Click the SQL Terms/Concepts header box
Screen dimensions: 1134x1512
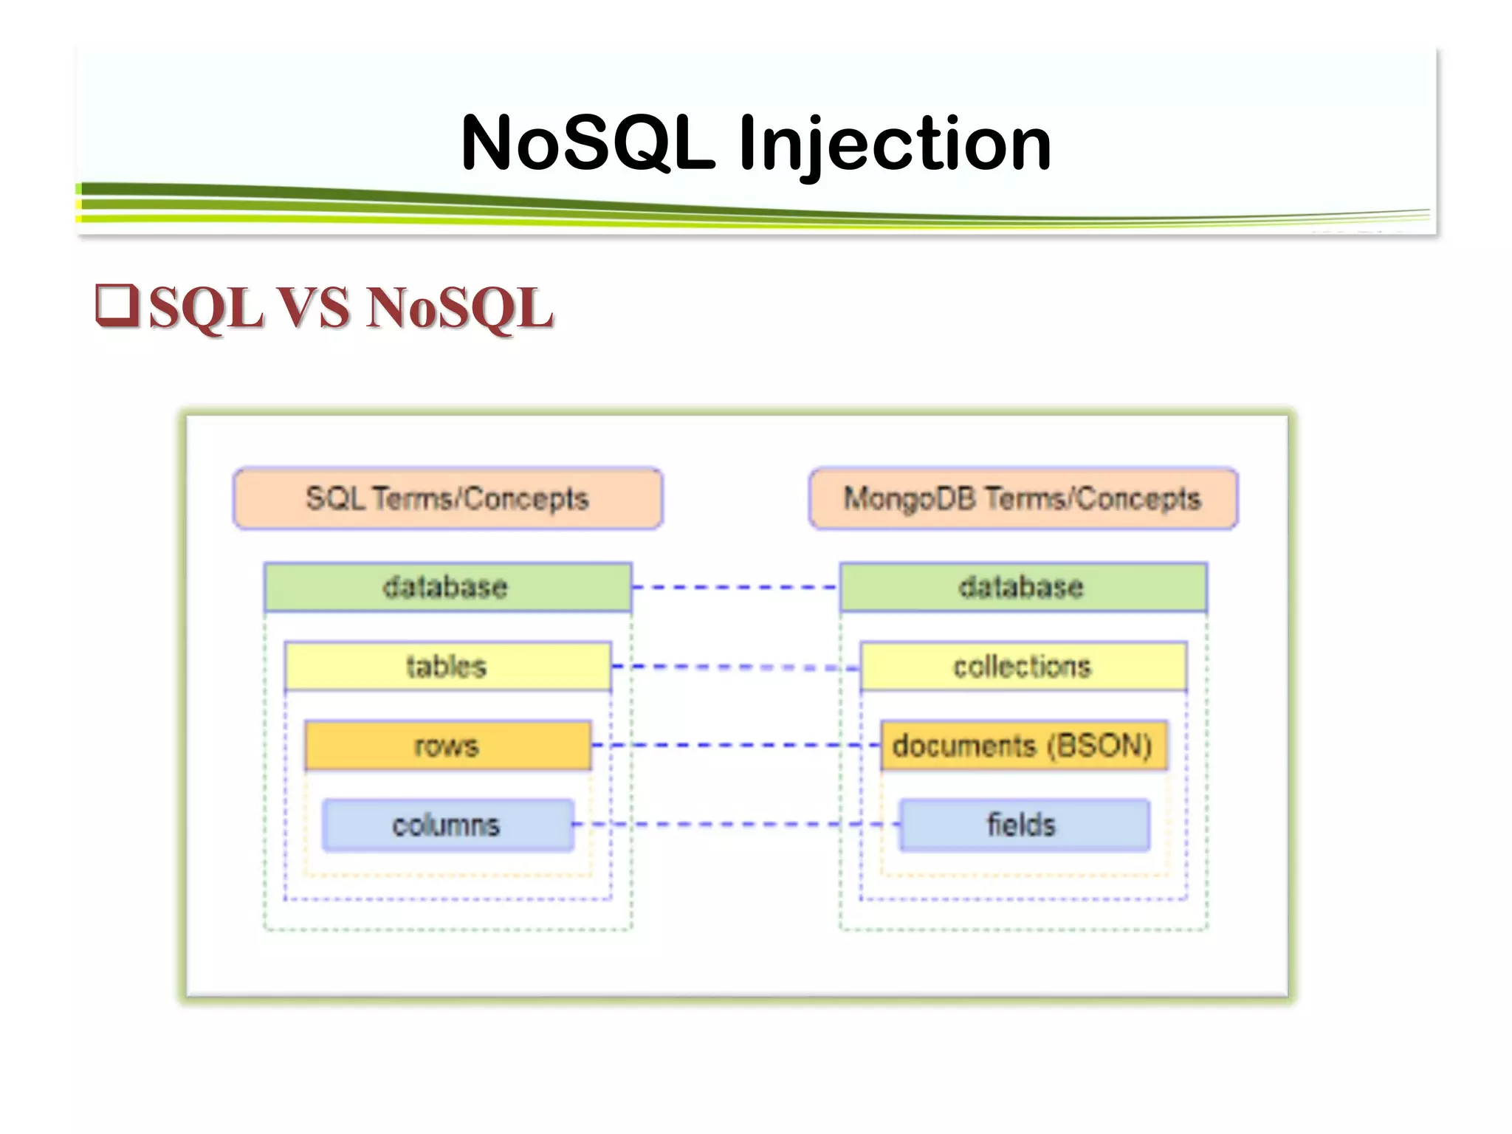tap(447, 499)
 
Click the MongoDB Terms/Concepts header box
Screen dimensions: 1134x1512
tap(1023, 499)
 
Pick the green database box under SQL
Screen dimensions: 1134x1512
tap(447, 588)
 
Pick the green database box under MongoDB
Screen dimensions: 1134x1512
tap(1023, 588)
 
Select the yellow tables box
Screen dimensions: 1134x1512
tap(447, 667)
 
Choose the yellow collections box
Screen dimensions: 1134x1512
tap(1023, 667)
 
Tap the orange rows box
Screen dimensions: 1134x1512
tap(447, 746)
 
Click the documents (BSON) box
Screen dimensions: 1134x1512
tap(1023, 746)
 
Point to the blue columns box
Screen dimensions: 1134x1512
tap(447, 825)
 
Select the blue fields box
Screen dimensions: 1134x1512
tap(1023, 825)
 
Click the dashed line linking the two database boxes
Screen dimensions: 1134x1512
tap(735, 588)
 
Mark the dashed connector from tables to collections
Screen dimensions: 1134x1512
tap(735, 667)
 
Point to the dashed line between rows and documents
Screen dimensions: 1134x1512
tap(735, 746)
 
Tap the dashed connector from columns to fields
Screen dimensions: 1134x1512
tap(735, 824)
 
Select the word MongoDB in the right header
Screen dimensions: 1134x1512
tap(910, 499)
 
